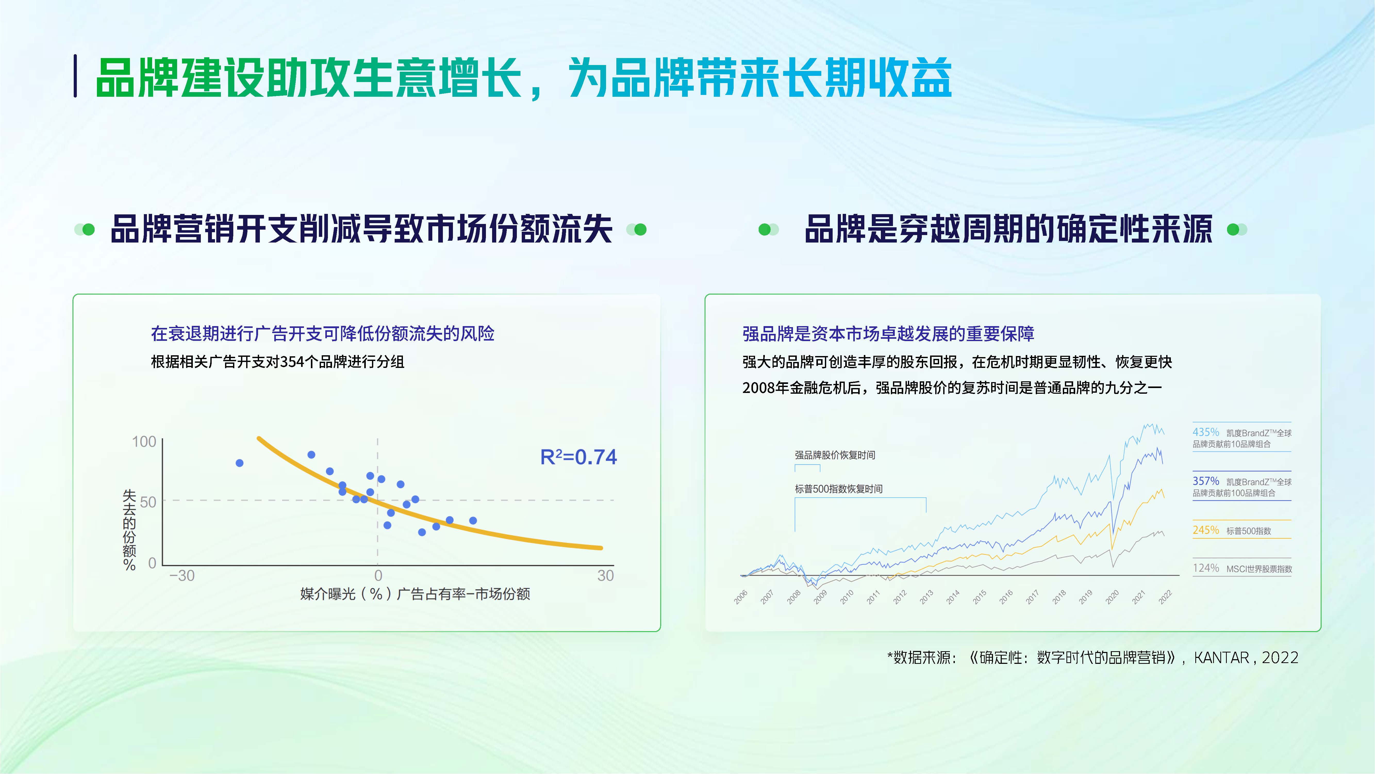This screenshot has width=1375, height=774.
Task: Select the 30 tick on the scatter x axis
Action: click(x=605, y=576)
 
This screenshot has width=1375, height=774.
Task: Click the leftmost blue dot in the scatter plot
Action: click(x=240, y=463)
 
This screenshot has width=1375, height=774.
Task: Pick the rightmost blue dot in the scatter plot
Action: click(x=473, y=520)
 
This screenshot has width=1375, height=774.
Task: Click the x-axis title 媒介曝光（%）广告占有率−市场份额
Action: click(x=415, y=594)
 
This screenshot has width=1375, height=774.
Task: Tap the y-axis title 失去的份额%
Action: click(x=129, y=530)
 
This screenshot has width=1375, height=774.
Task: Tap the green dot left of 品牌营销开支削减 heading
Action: click(x=89, y=230)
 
